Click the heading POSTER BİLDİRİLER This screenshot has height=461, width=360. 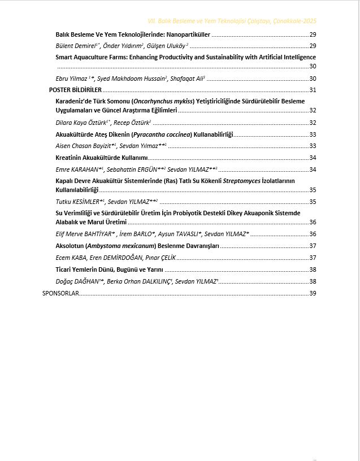coord(75,90)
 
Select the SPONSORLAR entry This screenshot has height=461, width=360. coord(60,293)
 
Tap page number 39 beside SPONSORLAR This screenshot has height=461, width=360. coord(313,293)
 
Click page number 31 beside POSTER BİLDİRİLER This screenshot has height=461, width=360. coord(313,90)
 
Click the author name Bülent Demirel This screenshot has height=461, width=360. coord(73,46)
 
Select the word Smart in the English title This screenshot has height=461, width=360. coord(64,57)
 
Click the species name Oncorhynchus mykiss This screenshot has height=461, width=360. coord(163,101)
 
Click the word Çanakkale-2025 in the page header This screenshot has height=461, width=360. coord(294,20)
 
